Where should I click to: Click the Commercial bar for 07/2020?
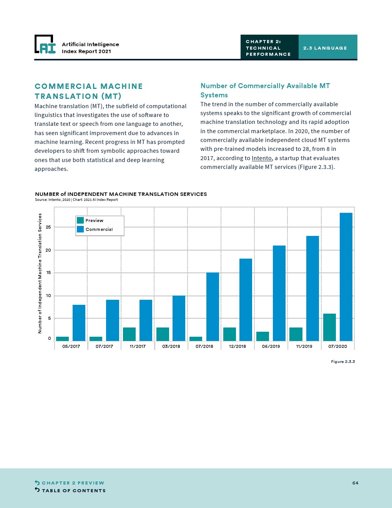(x=346, y=277)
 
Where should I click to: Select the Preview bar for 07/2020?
(x=329, y=327)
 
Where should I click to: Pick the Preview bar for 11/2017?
(x=129, y=334)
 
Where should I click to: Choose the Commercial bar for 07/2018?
(x=213, y=307)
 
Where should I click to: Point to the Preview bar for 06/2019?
(x=262, y=336)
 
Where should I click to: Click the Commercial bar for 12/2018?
(x=246, y=300)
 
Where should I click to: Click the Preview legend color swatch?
(x=80, y=221)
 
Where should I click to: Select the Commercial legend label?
(x=99, y=229)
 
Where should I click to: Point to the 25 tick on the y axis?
(x=48, y=227)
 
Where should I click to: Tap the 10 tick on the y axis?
(x=48, y=296)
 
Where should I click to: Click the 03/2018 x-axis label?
(x=171, y=346)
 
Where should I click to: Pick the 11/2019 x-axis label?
(x=304, y=346)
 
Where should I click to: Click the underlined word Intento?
(x=262, y=158)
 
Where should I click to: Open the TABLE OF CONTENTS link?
(x=73, y=491)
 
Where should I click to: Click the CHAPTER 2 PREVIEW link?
(x=73, y=483)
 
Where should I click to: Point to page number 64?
(x=355, y=483)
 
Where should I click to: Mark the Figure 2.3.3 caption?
(x=343, y=362)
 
